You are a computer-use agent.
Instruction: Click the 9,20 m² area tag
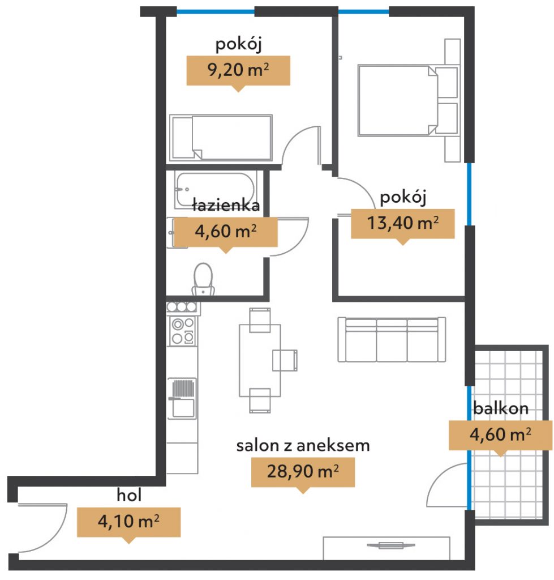click(238, 71)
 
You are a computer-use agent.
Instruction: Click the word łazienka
click(226, 205)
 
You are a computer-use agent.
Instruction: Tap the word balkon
click(501, 408)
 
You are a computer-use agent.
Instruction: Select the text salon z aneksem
click(303, 445)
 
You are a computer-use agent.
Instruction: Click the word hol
click(129, 495)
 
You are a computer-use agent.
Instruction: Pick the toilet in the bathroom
click(203, 279)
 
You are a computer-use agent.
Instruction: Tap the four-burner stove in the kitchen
click(183, 331)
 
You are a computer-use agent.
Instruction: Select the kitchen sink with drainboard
click(182, 398)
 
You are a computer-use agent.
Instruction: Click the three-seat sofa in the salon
click(392, 339)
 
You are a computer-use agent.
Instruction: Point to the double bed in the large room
click(409, 100)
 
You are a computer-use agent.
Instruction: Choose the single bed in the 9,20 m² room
click(221, 138)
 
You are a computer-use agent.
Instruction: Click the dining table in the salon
click(260, 361)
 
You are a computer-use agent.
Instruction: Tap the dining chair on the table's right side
click(285, 360)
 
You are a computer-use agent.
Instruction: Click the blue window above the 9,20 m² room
click(216, 11)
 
